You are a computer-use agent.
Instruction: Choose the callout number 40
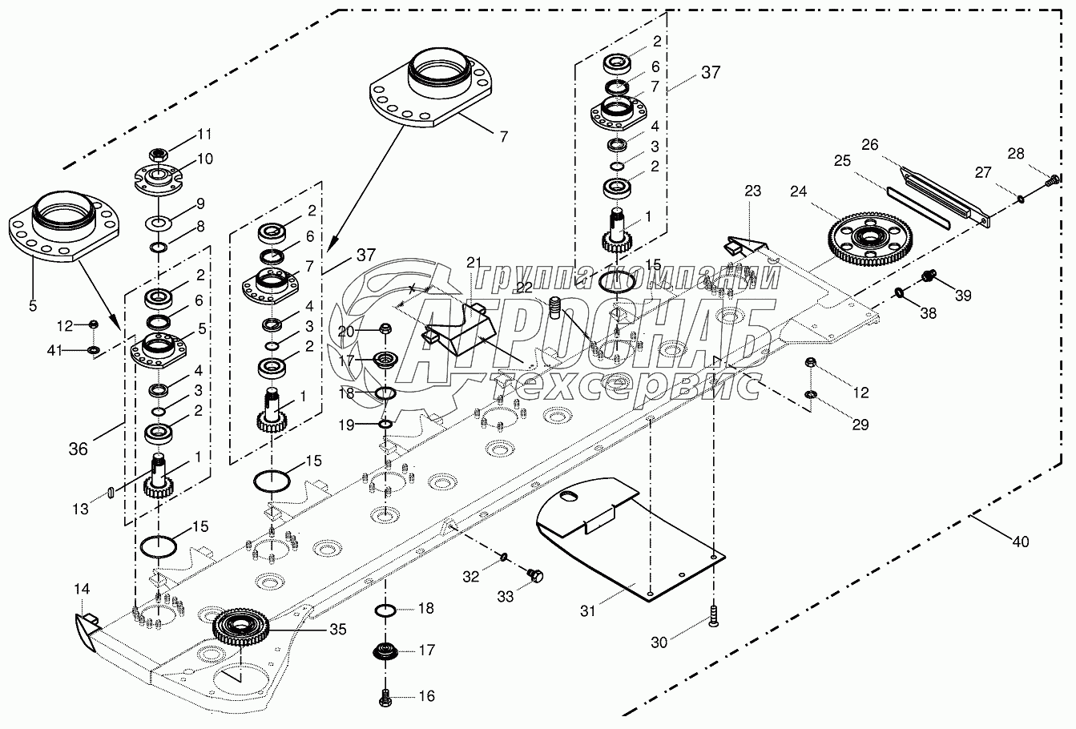click(1019, 542)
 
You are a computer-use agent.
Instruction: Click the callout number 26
click(871, 144)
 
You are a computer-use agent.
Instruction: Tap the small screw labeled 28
click(1049, 183)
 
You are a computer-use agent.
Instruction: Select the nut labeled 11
click(158, 154)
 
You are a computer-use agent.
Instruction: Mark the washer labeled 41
click(94, 350)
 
